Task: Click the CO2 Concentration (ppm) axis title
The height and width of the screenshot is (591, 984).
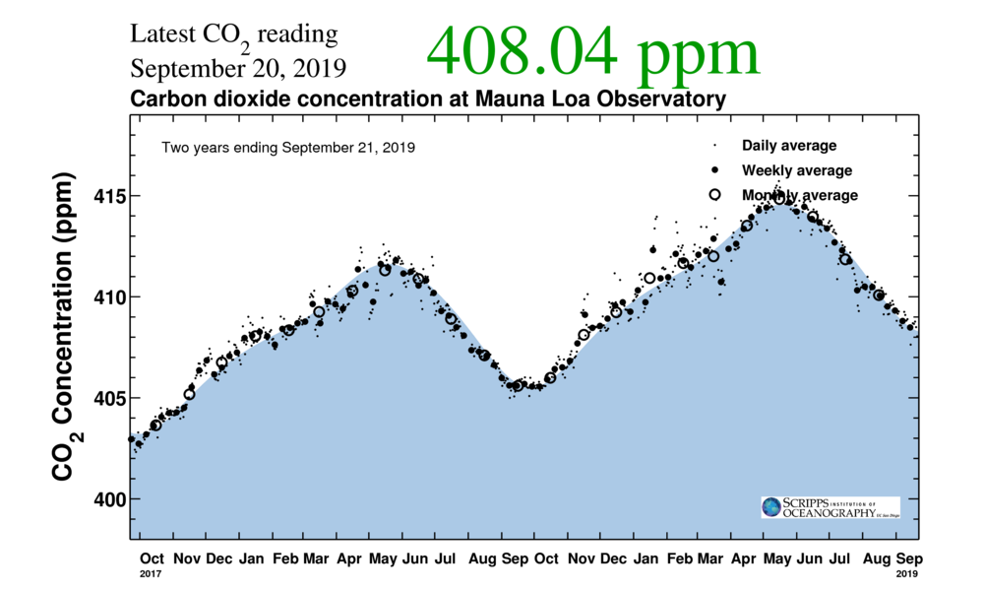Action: pyautogui.click(x=63, y=329)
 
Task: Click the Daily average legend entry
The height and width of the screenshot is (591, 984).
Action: pyautogui.click(x=788, y=146)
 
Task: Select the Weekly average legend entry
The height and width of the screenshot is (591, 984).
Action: pyautogui.click(x=796, y=170)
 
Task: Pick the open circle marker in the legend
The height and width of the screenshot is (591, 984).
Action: pyautogui.click(x=715, y=194)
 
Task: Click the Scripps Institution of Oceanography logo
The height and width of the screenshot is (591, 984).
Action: pyautogui.click(x=830, y=507)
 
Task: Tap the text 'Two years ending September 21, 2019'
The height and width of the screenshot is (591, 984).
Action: pyautogui.click(x=287, y=148)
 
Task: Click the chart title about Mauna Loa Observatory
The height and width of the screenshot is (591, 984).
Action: pyautogui.click(x=428, y=99)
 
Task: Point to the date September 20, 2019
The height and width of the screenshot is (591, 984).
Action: pyautogui.click(x=238, y=70)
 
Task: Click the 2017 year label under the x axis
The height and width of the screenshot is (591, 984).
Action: pyautogui.click(x=151, y=572)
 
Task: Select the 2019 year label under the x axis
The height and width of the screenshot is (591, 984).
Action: pyautogui.click(x=906, y=572)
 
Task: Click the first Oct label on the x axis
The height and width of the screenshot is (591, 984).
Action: pyautogui.click(x=152, y=558)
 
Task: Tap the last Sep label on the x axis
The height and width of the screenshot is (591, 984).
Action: pyautogui.click(x=906, y=558)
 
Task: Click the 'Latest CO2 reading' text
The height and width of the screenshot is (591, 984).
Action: pyautogui.click(x=234, y=35)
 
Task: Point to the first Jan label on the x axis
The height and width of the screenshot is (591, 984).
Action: pyautogui.click(x=251, y=558)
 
